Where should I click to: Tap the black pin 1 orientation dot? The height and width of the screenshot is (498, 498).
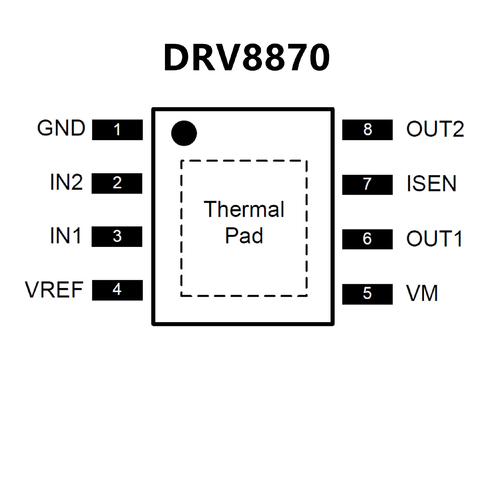click(x=184, y=133)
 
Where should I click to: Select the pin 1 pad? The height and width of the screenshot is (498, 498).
click(x=117, y=130)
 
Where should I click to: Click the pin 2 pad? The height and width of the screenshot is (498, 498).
click(x=117, y=183)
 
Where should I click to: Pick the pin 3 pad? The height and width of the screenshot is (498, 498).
click(x=117, y=236)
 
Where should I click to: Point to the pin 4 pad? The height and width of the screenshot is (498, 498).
click(x=117, y=290)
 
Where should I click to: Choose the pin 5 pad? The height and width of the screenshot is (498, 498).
click(x=367, y=294)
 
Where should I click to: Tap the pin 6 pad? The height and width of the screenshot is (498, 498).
click(x=367, y=239)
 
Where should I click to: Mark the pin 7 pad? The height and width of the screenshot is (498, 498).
click(x=367, y=184)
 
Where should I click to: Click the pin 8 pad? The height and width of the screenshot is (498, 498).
click(x=367, y=130)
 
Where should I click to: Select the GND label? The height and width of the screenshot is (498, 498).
click(x=61, y=128)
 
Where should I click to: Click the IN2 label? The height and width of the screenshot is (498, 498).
click(x=66, y=182)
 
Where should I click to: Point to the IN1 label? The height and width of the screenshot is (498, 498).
click(x=65, y=236)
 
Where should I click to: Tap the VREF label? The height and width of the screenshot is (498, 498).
click(x=54, y=289)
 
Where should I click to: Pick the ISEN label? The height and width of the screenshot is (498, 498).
click(x=431, y=184)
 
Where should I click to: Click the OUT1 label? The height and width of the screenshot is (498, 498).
click(x=434, y=239)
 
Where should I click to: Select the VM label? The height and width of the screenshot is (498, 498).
click(x=422, y=293)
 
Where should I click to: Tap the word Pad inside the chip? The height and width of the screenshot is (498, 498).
click(x=244, y=236)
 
